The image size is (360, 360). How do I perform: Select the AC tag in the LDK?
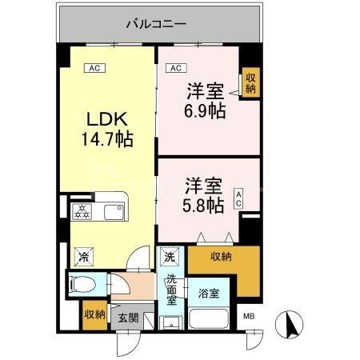[94, 68]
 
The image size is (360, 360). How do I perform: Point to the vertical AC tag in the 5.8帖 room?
[238, 198]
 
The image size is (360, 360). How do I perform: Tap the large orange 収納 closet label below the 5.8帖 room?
[222, 256]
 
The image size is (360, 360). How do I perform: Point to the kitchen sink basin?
[110, 212]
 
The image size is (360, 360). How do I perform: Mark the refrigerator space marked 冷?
[83, 258]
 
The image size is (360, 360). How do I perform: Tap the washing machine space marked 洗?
[170, 258]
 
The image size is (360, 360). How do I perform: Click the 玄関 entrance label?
[128, 318]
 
